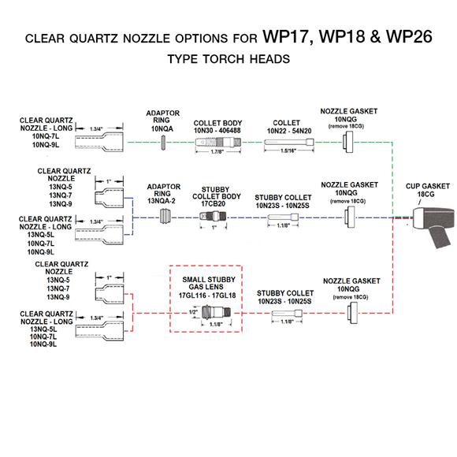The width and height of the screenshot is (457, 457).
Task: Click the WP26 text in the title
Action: point(409,37)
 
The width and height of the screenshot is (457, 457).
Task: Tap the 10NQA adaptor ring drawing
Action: point(164,143)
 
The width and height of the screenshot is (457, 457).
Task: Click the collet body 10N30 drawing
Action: point(218,143)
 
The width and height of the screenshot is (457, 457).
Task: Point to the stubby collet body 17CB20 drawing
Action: point(213,217)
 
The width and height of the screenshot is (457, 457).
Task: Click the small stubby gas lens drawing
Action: point(216,313)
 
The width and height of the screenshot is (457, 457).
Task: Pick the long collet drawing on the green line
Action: point(289,143)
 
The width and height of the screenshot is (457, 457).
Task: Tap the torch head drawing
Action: point(434,225)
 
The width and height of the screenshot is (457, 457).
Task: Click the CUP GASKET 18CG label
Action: point(427,190)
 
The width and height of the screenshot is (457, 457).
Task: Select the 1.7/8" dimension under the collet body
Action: point(217,151)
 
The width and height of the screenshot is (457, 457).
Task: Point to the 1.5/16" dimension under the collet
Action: point(288,150)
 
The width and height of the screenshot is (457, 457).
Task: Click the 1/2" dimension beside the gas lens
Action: point(193,312)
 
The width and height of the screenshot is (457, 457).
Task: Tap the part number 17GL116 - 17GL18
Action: point(207,295)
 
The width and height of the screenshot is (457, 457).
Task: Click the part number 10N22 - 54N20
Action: point(289,131)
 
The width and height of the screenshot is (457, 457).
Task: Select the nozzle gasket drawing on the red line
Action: point(353,313)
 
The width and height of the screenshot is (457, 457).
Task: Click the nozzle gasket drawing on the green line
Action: point(347,142)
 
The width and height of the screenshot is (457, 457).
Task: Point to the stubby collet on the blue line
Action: point(283,217)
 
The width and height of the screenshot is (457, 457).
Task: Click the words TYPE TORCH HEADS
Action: point(228,59)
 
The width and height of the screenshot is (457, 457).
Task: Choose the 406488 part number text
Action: point(228,131)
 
